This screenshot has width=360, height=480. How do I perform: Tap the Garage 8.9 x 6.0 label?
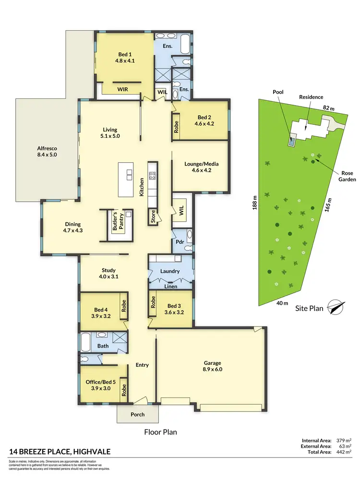pos(209,366)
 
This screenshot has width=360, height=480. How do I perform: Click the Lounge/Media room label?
pos(198,167)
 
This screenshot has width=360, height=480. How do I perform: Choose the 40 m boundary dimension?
pos(282,303)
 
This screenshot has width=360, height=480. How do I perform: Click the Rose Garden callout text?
pos(348,176)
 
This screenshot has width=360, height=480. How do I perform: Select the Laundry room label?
pos(170,271)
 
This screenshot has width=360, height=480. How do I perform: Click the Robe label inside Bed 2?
pos(176,126)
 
